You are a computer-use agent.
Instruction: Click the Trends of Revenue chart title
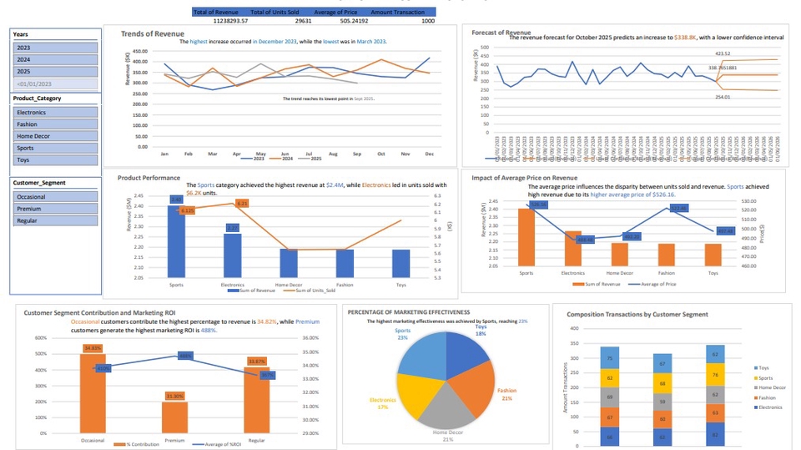pos(153,33)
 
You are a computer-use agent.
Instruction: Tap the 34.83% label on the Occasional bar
pos(93,347)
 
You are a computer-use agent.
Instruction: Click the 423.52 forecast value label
pos(723,53)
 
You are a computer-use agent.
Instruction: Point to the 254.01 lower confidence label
pos(723,97)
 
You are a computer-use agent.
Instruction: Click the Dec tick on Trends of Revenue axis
pos(428,154)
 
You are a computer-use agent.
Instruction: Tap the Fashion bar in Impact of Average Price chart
pos(667,260)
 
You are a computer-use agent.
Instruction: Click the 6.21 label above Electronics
pos(242,203)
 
